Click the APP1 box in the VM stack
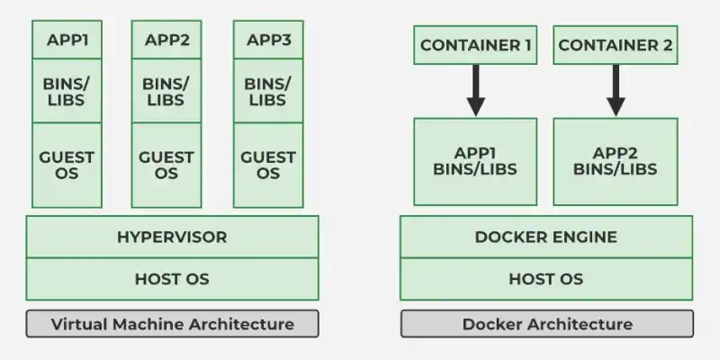67,40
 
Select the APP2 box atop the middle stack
166,40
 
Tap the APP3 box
267,40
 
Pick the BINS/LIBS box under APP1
67,90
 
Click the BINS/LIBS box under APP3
267,90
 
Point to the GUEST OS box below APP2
166,165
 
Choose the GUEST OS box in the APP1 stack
67,165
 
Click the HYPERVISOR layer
172,238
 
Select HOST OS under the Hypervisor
172,279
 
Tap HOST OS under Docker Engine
546,279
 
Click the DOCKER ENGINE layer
546,238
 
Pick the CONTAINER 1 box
475,45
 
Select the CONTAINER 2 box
616,45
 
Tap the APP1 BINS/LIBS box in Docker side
475,161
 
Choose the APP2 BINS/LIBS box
616,161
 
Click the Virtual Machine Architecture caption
172,324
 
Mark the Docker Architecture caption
546,324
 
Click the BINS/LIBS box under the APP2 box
166,90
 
